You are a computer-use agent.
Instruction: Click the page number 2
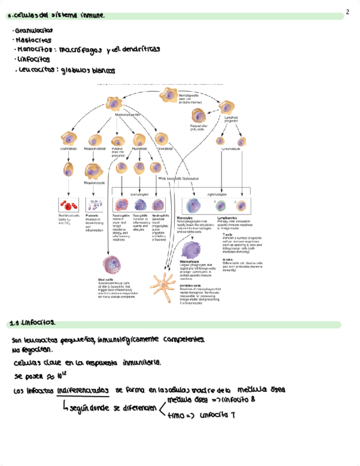[x=348, y=12]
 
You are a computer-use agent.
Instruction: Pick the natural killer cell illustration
[x=198, y=116]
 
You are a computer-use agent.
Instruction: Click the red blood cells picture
[x=68, y=206]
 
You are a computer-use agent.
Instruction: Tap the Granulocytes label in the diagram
[x=139, y=194]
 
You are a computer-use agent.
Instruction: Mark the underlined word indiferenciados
[x=82, y=391]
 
